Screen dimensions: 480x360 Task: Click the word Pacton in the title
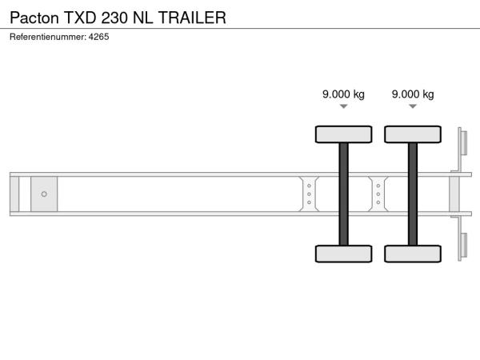pyautogui.click(x=34, y=18)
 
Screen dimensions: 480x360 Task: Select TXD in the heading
pyautogui.click(x=80, y=18)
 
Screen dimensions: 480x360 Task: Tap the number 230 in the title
pyautogui.click(x=114, y=18)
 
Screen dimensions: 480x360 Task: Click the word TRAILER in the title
pyautogui.click(x=192, y=18)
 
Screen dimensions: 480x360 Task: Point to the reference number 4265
pyautogui.click(x=98, y=37)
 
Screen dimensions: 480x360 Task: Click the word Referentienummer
pyautogui.click(x=48, y=37)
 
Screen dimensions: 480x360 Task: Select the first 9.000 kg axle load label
pyautogui.click(x=343, y=94)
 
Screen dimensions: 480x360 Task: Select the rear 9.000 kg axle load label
pyautogui.click(x=413, y=94)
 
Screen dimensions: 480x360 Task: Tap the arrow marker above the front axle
pyautogui.click(x=344, y=106)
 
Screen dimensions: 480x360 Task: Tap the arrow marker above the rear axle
pyautogui.click(x=413, y=106)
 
